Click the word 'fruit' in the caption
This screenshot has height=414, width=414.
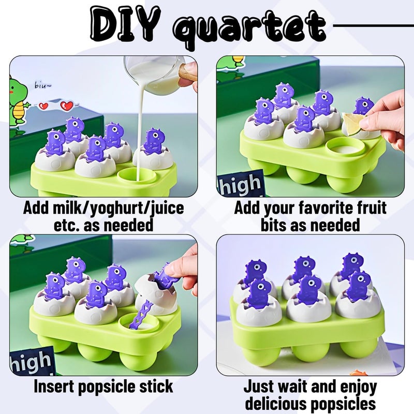[368, 209]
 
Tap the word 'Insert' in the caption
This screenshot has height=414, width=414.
[58, 387]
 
